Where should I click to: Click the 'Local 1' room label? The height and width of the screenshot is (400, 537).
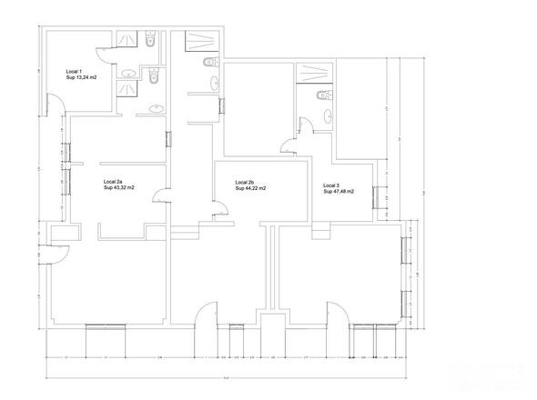[x=74, y=71]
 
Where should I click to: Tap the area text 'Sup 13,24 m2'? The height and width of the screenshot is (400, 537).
[x=82, y=77]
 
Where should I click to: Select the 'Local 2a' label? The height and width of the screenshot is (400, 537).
[x=114, y=181]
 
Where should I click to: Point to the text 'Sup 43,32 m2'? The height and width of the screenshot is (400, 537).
[x=119, y=187]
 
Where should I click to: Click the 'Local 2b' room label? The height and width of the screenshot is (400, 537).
[x=245, y=182]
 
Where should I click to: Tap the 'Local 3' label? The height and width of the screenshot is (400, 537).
[x=331, y=185]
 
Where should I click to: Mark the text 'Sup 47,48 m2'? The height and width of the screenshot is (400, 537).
[x=339, y=191]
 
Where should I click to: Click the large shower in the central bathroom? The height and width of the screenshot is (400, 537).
[x=198, y=40]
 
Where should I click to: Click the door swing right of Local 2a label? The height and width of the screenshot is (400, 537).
[x=158, y=195]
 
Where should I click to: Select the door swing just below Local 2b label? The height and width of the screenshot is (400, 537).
[x=219, y=210]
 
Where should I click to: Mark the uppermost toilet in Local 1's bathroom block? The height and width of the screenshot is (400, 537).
[x=151, y=41]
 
